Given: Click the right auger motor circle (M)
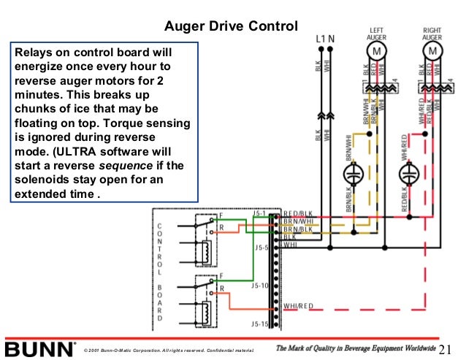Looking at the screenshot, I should pyautogui.click(x=432, y=52).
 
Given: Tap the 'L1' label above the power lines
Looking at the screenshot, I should pyautogui.click(x=321, y=37).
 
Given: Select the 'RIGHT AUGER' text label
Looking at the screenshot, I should pyautogui.click(x=432, y=34).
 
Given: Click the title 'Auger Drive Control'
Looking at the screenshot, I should pyautogui.click(x=231, y=27).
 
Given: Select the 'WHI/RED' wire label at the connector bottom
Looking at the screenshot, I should pyautogui.click(x=299, y=305).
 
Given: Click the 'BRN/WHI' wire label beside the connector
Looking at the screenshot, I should pyautogui.click(x=298, y=221).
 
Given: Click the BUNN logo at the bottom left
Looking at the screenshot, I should pyautogui.click(x=38, y=348).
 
